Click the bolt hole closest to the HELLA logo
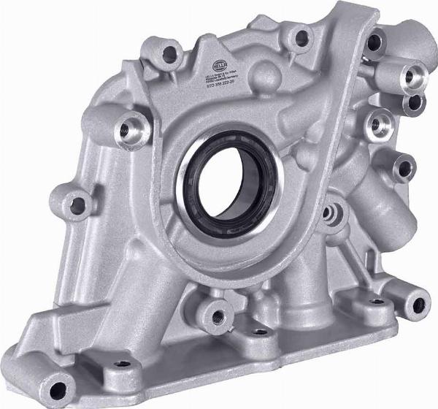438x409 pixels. click(x=171, y=53)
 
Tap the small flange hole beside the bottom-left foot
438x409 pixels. click(x=122, y=363)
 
